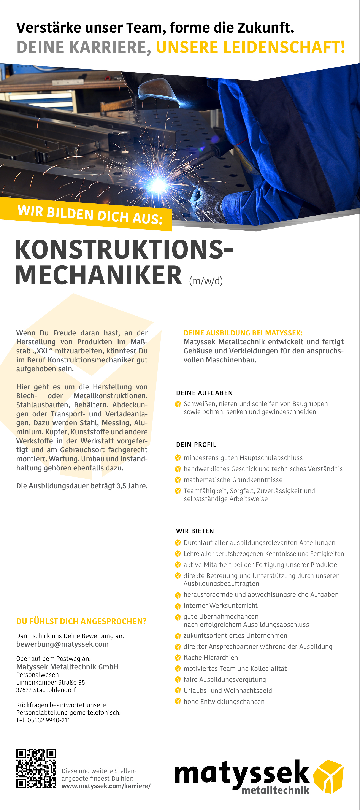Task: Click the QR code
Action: point(36,768)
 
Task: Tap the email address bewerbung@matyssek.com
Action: point(62,644)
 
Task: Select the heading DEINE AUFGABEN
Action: point(204,393)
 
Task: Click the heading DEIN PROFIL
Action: point(196,445)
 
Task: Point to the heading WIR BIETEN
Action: point(195,531)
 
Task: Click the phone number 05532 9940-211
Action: point(49,720)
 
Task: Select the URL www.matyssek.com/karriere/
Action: point(106,786)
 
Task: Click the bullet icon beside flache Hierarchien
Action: point(178,658)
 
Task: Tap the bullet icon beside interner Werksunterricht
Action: point(178,606)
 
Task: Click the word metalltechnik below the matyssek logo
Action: point(275,790)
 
